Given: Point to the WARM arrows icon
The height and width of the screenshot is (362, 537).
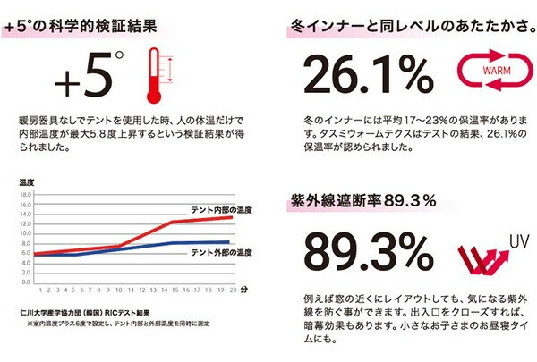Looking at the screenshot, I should (487, 71).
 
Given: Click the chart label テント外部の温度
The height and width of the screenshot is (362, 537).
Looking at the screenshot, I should (221, 252).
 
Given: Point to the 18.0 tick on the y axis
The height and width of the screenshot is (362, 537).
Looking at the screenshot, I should (25, 193).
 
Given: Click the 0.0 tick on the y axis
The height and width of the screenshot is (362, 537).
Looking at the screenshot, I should (25, 282).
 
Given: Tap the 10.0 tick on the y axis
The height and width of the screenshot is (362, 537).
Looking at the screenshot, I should (25, 232).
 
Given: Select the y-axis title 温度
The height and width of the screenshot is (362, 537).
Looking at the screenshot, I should (26, 182).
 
